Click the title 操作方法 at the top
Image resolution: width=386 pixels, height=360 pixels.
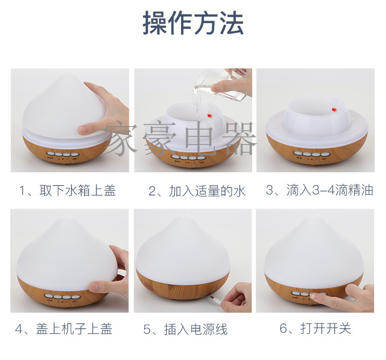click(193, 23)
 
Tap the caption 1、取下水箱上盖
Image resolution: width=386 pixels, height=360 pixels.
click(67, 190)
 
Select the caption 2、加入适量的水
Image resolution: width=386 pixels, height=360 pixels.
click(197, 191)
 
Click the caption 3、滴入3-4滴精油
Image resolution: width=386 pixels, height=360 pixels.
click(320, 190)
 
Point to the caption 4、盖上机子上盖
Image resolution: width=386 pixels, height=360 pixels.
click(64, 329)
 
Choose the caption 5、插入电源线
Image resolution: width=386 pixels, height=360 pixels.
click(185, 329)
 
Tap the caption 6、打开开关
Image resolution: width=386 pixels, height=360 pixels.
click(315, 328)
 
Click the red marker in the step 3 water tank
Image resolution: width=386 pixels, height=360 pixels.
click(334, 110)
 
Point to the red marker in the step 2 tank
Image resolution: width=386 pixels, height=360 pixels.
click(209, 115)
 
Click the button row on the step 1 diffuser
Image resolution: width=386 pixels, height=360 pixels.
click(63, 154)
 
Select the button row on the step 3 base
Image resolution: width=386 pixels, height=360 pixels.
click(310, 154)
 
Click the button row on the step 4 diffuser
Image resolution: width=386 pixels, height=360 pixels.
click(61, 296)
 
